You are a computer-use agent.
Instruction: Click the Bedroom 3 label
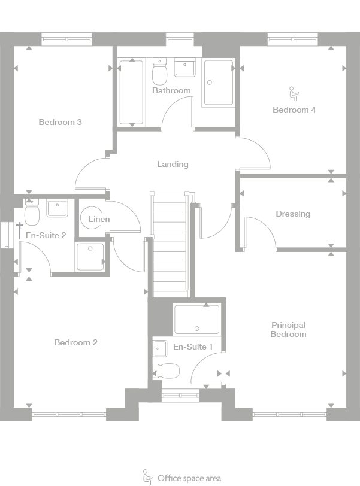60,122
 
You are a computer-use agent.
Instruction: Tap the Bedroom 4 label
294,110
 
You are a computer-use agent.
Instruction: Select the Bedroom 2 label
75,342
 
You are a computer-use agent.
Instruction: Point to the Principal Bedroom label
288,330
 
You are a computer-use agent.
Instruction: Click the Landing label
173,164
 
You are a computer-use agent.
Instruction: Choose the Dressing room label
293,214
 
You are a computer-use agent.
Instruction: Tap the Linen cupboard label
99,219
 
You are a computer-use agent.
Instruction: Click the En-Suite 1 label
193,347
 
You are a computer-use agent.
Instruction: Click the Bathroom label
171,91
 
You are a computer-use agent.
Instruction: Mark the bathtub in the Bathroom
131,92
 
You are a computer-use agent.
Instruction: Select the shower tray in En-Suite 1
196,319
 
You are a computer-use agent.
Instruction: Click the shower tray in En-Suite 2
90,256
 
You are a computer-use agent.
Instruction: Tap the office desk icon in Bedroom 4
294,93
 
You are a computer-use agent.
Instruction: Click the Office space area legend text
189,478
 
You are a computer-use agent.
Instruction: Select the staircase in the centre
171,245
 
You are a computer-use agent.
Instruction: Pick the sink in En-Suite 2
58,209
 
